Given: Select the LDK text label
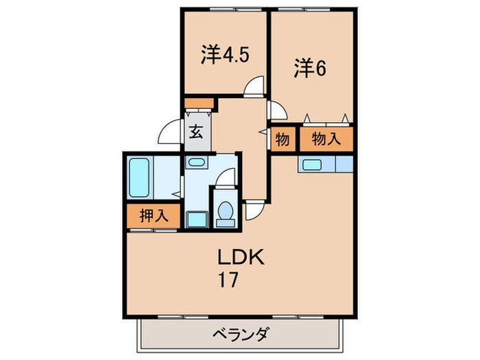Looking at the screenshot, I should (237, 259).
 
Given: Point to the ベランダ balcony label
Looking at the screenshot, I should (240, 335).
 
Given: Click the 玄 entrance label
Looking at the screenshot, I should (196, 132).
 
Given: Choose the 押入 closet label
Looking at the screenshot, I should (154, 215).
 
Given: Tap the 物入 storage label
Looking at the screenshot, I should (326, 139).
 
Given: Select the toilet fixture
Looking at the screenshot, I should (224, 211).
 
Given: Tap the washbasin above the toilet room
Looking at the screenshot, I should (196, 163).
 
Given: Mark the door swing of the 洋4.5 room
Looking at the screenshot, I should (255, 86).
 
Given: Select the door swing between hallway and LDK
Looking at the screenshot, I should (254, 210).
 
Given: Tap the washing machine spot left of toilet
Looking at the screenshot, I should (196, 219).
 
